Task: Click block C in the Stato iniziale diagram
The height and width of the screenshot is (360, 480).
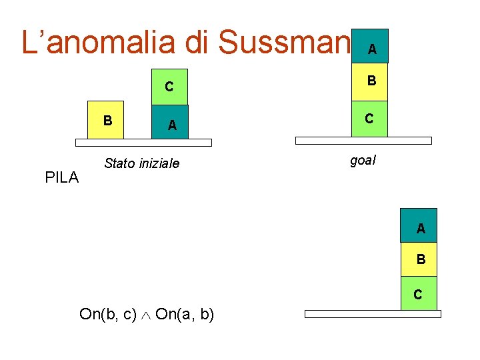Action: click(169, 87)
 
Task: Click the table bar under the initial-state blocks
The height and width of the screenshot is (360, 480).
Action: click(143, 142)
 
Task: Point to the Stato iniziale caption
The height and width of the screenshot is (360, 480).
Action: click(141, 163)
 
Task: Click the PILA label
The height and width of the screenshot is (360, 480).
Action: click(61, 177)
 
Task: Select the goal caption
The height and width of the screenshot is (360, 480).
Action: click(363, 160)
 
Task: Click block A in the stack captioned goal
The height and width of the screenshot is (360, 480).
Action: click(370, 47)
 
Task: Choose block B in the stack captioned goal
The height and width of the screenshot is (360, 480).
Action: click(370, 81)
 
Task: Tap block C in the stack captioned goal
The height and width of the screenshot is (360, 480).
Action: click(369, 119)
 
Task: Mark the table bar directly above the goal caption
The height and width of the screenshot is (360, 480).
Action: click(363, 141)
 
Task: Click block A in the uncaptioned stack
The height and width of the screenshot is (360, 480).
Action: click(419, 226)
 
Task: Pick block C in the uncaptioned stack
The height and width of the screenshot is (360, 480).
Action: click(419, 293)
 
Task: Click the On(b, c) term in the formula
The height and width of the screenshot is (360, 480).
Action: click(108, 314)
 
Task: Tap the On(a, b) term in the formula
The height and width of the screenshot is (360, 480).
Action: click(185, 314)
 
